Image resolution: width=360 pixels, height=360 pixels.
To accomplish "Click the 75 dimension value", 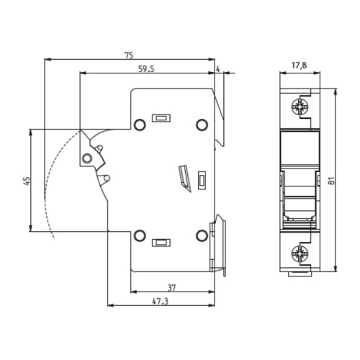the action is point(129,55).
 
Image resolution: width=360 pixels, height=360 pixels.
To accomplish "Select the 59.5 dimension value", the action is point(147,69).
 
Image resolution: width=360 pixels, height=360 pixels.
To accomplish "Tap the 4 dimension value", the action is point(218,69).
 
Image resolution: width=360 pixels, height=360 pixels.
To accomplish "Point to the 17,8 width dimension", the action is point(299,66).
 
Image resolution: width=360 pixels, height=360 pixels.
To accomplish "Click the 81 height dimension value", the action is point(331,181).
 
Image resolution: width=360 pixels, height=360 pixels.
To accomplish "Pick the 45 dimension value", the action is point(27,181).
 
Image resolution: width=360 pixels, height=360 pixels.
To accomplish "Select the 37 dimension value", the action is point(171,287).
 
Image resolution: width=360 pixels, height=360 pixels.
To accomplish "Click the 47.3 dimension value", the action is point(161,302).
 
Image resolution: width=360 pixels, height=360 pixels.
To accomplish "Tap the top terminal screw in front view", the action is point(300,106).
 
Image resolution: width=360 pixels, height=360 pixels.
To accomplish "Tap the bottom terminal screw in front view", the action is point(300,253).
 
